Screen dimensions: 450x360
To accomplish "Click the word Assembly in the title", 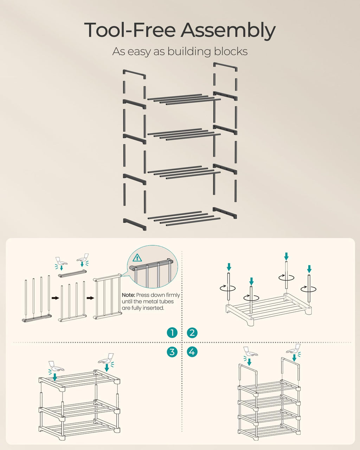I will point(228,31).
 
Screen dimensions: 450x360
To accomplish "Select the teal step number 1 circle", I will point(172,333).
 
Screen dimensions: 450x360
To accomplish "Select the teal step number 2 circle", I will point(192,333).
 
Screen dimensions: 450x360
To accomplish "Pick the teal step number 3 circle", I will point(172,352).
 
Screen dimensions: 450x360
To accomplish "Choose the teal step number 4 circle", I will point(192,352).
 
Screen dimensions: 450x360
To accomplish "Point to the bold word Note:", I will point(128,295).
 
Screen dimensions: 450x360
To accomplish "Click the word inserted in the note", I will point(154,308).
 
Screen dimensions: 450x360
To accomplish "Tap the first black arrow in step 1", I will point(55,298).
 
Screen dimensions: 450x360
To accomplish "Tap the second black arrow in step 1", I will point(90,298).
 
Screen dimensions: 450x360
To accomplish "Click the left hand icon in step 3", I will point(56,367).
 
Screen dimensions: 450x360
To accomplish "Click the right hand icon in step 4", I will point(294,349).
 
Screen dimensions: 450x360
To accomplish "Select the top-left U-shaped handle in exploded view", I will point(134,74).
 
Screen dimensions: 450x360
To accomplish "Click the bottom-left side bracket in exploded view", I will point(134,224).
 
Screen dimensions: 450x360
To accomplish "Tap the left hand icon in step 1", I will point(61,262).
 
